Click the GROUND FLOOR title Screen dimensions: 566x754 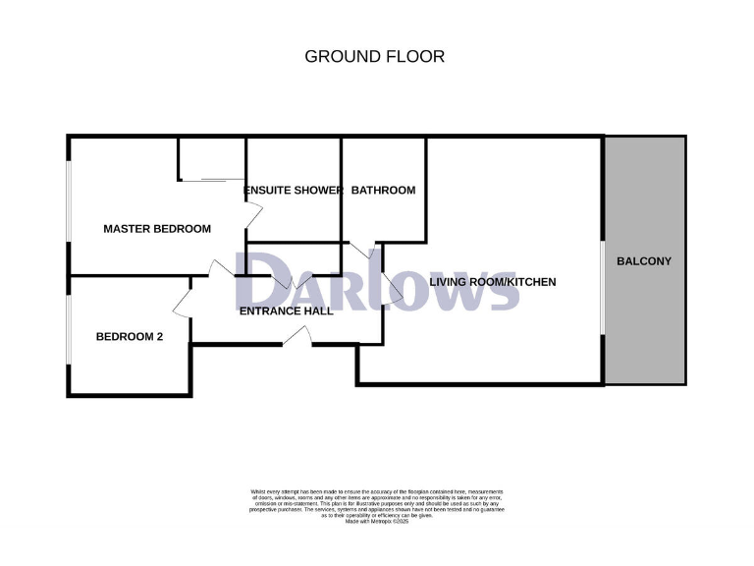pyautogui.click(x=374, y=56)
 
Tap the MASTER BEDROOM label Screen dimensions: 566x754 pyautogui.click(x=157, y=229)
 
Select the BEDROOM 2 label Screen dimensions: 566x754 pyautogui.click(x=129, y=337)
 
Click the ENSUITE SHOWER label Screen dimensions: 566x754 pyautogui.click(x=293, y=190)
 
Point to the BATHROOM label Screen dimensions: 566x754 pyautogui.click(x=383, y=190)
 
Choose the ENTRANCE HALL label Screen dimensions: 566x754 pyautogui.click(x=286, y=311)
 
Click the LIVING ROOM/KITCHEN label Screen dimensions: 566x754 pyautogui.click(x=493, y=282)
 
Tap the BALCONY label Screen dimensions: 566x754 pyautogui.click(x=644, y=261)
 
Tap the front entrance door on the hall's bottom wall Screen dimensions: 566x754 pyautogui.click(x=296, y=337)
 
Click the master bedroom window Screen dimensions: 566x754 pyautogui.click(x=69, y=198)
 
